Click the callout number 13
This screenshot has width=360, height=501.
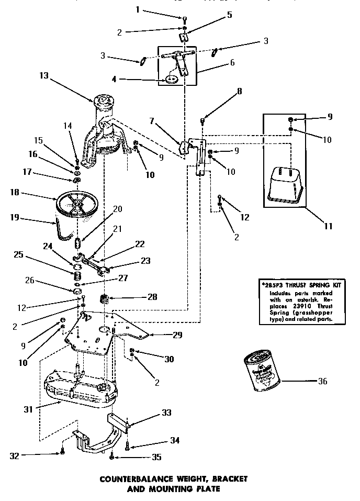click(x=43, y=75)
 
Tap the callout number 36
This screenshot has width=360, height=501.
click(x=322, y=381)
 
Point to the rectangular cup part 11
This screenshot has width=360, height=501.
click(x=287, y=185)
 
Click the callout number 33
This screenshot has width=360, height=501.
click(x=166, y=413)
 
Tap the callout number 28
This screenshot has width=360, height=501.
click(x=152, y=297)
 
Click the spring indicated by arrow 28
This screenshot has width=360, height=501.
click(x=105, y=300)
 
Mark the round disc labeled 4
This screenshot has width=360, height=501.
click(x=171, y=79)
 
